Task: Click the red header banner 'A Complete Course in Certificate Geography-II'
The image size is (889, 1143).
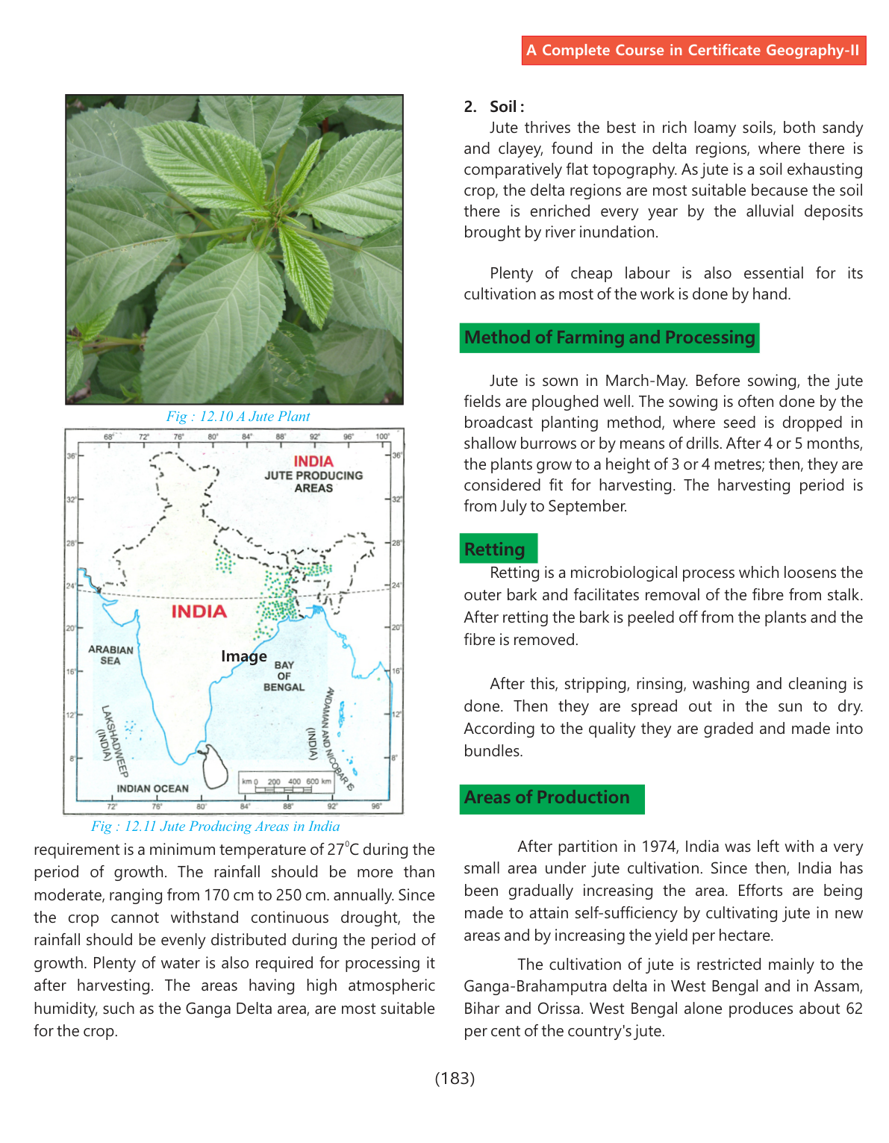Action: coord(693,51)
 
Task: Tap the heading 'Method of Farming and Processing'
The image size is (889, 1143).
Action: coord(609,337)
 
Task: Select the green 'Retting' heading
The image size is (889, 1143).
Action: coord(495,549)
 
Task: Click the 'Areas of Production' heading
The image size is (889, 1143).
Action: coord(547,797)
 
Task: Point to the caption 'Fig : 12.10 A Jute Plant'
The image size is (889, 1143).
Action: coord(237,417)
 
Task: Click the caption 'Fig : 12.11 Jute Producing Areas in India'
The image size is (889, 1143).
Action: coord(215,826)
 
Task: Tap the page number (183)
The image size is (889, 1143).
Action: coord(455,1078)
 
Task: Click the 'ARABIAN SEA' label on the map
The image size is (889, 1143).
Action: coord(110,655)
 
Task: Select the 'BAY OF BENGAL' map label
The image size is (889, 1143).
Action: coord(284,676)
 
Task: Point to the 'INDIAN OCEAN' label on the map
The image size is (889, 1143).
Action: coord(152,788)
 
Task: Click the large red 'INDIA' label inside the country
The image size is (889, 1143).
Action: coord(199,611)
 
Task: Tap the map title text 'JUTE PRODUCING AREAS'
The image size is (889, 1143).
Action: coord(314,482)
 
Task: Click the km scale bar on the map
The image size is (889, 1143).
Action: coord(286,782)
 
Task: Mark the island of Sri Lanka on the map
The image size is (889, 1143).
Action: coord(215,766)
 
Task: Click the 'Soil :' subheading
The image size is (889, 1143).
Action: coord(507,107)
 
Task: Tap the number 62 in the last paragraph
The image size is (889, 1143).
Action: coord(854,1009)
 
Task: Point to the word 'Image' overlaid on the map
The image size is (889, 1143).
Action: coord(243,656)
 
